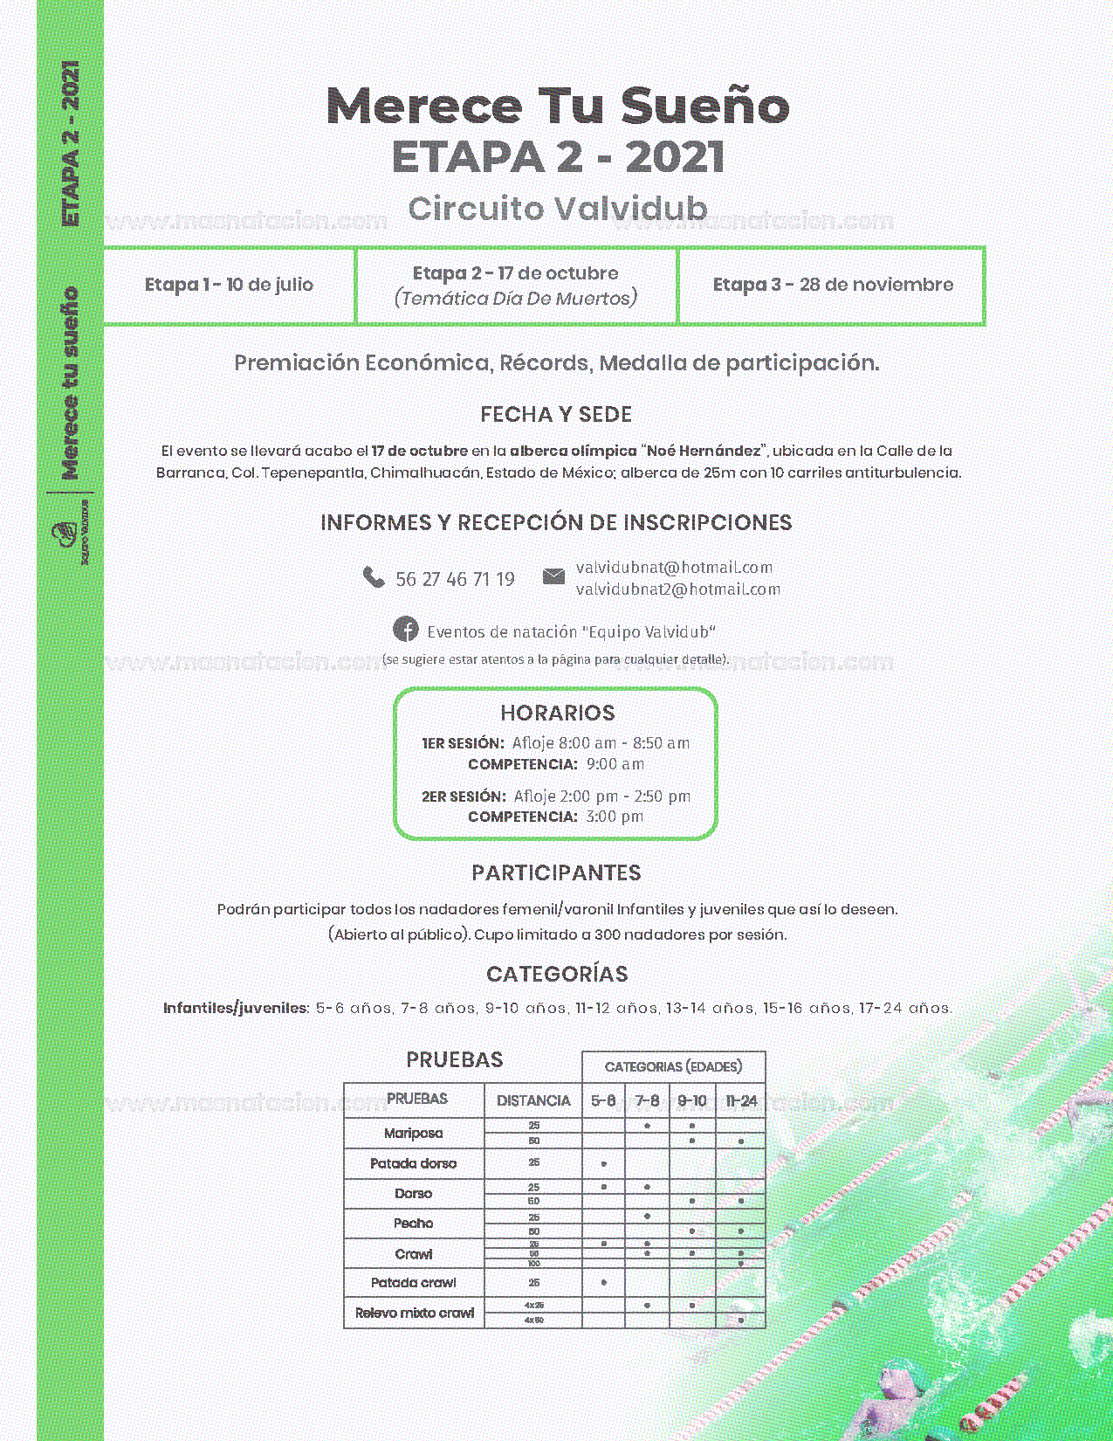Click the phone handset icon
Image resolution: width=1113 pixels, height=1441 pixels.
click(x=374, y=577)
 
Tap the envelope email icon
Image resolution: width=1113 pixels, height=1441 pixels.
click(x=553, y=576)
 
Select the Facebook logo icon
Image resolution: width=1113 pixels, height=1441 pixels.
click(x=405, y=629)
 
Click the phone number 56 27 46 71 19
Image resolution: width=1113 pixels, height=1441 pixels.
click(x=455, y=579)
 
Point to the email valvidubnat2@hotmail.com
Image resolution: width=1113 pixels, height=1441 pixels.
click(x=677, y=589)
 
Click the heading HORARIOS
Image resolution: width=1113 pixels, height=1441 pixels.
click(x=557, y=713)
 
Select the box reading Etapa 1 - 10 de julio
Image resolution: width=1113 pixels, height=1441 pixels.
click(x=229, y=285)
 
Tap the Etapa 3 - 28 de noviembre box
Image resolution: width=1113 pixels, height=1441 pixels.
click(x=833, y=285)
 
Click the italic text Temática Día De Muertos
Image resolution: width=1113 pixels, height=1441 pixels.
click(x=516, y=299)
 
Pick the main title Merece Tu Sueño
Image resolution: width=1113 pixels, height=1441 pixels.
click(x=557, y=107)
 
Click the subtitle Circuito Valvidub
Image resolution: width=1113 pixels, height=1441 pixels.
click(x=557, y=209)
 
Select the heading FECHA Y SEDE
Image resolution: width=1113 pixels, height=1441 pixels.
click(x=556, y=415)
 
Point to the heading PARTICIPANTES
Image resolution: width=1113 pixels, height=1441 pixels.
click(x=556, y=872)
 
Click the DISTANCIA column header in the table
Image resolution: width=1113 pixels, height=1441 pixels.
click(x=533, y=1100)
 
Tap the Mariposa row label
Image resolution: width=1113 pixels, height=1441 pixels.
click(x=413, y=1133)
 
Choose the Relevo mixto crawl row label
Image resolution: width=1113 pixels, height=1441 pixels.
click(x=414, y=1313)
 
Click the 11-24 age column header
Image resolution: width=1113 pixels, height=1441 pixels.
click(x=740, y=1100)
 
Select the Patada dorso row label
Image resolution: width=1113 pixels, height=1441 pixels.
click(x=413, y=1163)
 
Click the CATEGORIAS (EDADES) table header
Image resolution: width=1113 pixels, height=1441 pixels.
click(x=673, y=1066)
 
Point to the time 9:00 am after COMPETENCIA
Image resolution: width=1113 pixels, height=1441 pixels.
click(x=615, y=764)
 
